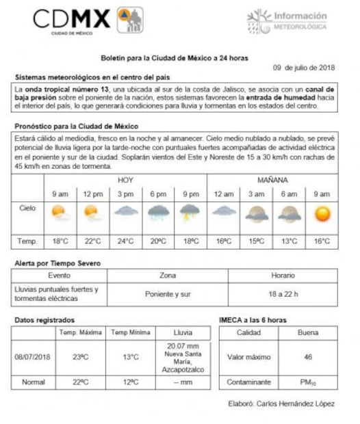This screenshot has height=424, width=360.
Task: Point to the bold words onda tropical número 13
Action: click(x=64, y=89)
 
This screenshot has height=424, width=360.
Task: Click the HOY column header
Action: click(x=125, y=180)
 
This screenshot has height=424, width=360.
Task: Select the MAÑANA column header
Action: click(x=272, y=180)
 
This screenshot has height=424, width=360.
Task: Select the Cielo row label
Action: click(x=27, y=208)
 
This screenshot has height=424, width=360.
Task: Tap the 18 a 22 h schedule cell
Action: click(x=282, y=294)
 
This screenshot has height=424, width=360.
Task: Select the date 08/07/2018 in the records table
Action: click(x=33, y=356)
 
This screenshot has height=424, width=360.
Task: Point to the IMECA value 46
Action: click(x=307, y=356)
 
